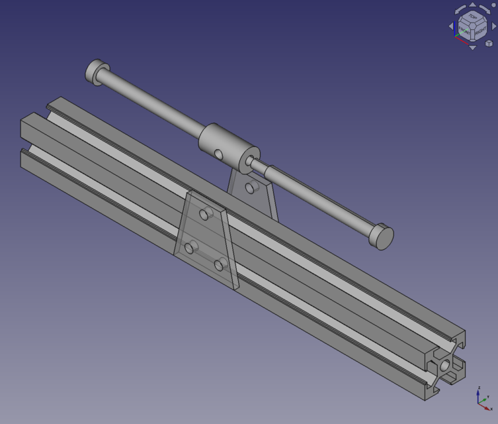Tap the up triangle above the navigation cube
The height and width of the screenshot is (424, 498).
point(472,5)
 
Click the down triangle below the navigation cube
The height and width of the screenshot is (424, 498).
point(472,47)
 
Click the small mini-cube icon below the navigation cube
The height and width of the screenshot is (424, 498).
point(489,43)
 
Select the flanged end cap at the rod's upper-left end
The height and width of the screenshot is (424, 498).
point(97,71)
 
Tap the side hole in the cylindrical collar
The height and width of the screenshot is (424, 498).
point(218,154)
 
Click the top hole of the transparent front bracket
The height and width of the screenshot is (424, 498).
point(204,213)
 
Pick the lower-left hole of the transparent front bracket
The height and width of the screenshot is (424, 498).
point(189,248)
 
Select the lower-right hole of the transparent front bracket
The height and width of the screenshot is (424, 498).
point(219,265)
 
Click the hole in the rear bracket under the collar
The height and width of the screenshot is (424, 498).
point(250,187)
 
